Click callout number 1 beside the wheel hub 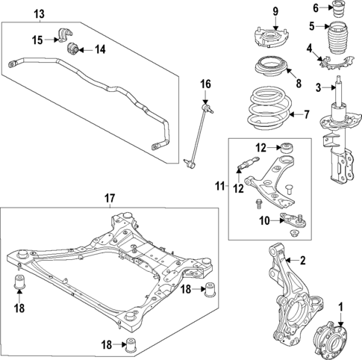(x=341, y=306)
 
